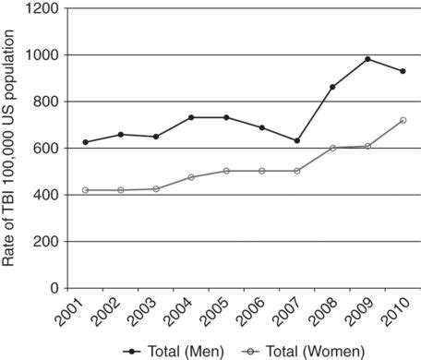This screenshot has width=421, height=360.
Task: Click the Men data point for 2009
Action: (367, 59)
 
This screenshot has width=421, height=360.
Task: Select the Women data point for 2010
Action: (403, 120)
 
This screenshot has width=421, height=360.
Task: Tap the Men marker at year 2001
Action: (86, 142)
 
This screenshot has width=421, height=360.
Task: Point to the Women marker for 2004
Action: (191, 177)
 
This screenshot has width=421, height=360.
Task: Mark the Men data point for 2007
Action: (297, 140)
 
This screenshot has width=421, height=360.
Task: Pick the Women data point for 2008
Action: (332, 148)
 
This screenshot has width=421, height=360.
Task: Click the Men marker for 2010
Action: (403, 71)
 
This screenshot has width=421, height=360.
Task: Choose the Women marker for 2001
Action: (86, 190)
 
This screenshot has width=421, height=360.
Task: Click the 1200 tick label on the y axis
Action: (42, 8)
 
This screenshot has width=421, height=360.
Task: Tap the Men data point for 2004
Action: (191, 117)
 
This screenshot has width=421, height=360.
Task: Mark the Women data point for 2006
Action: (262, 171)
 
